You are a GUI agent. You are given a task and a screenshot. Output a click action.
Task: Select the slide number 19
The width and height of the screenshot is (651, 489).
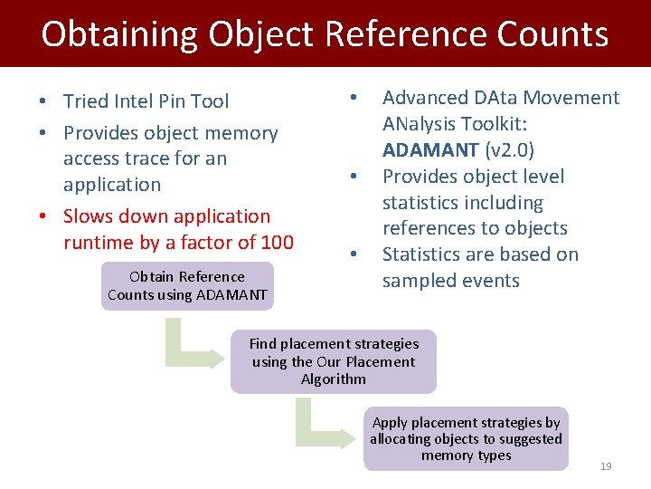(606, 466)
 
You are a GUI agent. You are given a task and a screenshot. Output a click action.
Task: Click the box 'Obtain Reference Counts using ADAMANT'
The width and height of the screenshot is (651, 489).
(187, 285)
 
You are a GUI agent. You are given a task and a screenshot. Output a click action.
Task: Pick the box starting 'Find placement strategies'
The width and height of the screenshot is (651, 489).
(334, 361)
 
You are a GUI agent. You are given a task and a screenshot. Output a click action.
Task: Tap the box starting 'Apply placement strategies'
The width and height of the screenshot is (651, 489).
(466, 439)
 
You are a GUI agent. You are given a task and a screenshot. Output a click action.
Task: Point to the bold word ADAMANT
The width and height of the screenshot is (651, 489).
(430, 150)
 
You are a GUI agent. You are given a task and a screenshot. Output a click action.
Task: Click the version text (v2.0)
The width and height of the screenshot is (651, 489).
(509, 150)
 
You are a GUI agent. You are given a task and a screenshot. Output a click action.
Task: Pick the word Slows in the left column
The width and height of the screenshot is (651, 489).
(89, 216)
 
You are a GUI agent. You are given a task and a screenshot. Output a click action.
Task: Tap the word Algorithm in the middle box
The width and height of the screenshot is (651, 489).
(334, 379)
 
